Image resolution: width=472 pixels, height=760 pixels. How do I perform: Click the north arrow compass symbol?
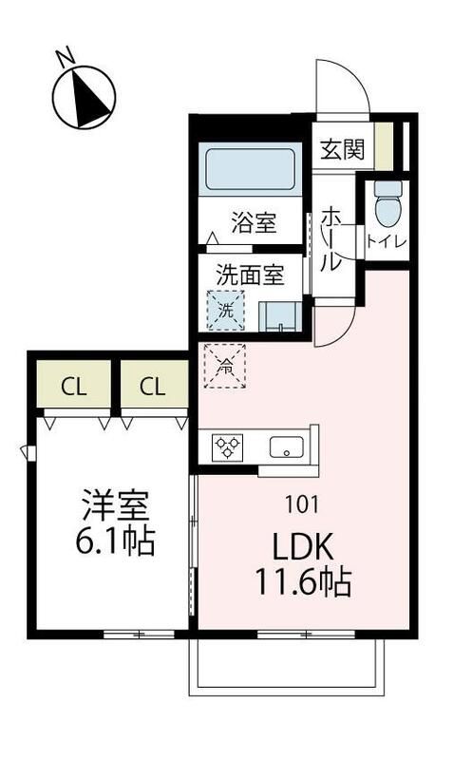tap(84, 98)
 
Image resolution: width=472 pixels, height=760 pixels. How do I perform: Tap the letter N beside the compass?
tap(66, 56)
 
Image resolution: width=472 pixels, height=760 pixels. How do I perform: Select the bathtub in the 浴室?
tap(250, 169)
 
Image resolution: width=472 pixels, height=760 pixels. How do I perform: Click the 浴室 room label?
tap(254, 223)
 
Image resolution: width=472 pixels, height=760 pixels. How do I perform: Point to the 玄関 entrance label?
tap(342, 149)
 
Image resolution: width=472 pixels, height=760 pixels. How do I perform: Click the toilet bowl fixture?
tap(388, 203)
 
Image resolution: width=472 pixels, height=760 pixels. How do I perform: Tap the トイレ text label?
tap(387, 241)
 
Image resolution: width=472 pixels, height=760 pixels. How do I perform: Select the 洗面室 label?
tap(250, 275)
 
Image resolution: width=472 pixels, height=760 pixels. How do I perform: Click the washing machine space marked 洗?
tap(226, 311)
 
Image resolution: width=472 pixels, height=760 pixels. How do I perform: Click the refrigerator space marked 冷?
tap(225, 366)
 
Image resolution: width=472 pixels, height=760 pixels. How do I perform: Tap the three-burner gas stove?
tap(227, 447)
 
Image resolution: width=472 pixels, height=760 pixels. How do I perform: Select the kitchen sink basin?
tap(287, 446)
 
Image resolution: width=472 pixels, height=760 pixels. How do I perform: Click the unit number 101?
tap(302, 504)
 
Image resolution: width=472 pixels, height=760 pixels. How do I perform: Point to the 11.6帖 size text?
tap(303, 581)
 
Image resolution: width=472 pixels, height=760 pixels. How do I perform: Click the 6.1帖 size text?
tap(115, 541)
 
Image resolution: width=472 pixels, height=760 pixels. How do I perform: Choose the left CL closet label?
tap(74, 387)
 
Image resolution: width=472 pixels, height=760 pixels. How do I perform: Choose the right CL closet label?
tap(153, 387)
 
